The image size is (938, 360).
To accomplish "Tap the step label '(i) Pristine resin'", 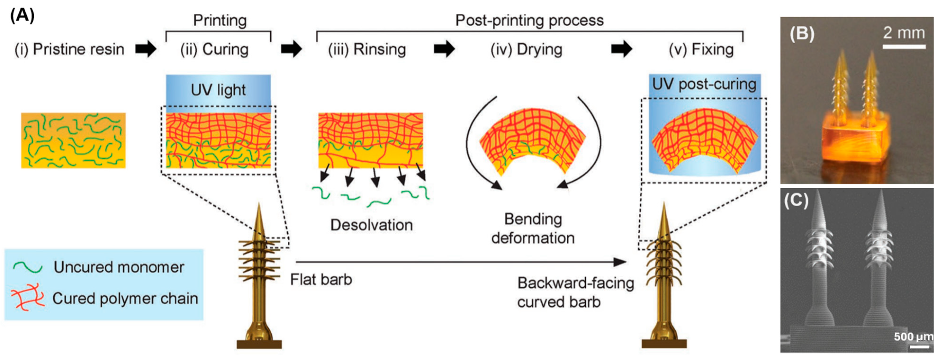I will (69, 49).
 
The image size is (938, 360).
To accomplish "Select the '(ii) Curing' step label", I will (215, 49).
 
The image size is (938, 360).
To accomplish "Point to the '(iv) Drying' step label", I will (526, 49).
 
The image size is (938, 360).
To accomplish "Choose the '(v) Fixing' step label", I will (701, 49).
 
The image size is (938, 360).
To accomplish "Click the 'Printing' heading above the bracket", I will (220, 20).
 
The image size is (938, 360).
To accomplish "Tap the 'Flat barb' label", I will (321, 280).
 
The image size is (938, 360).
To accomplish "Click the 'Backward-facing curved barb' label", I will (575, 292).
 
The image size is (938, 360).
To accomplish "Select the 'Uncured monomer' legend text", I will (119, 267).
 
